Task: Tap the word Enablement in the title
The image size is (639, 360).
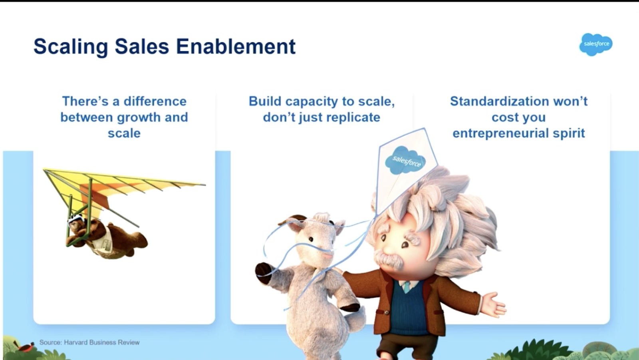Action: (236, 46)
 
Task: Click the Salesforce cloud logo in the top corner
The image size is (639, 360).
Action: (596, 44)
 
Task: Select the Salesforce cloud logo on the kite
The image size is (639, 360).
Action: (405, 160)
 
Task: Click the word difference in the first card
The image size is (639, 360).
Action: (155, 101)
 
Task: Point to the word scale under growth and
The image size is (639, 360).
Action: (124, 133)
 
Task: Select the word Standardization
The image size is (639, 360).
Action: (499, 101)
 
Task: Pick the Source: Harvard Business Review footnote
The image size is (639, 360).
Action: (89, 342)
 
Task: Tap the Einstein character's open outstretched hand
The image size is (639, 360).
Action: (494, 305)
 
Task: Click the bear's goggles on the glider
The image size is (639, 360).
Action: (75, 221)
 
